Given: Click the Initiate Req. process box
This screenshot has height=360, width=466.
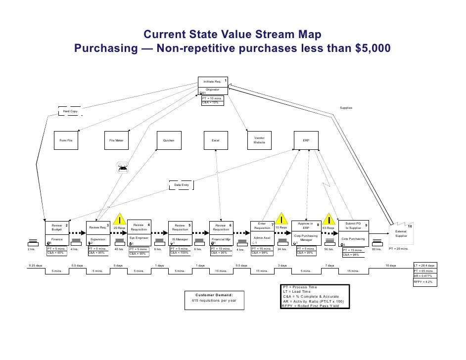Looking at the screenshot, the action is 212,81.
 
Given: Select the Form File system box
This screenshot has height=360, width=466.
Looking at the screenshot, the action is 66,141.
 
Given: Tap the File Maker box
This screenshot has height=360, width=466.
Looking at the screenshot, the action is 116,141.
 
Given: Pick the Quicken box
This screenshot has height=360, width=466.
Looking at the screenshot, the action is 169,141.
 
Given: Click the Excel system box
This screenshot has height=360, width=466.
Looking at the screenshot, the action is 216,141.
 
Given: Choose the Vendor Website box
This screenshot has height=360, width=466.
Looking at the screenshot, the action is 259,140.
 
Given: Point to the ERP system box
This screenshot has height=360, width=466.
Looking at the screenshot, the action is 306,141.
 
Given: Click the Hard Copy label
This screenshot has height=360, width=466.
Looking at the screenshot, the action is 70,112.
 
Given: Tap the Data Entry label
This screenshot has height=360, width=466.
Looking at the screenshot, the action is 182,185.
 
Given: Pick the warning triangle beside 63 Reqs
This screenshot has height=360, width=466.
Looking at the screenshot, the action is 329,219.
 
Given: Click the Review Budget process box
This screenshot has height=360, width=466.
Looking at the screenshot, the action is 57,227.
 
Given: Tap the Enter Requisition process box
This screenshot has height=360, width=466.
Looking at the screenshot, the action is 262,226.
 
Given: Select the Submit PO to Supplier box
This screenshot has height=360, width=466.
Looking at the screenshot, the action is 353,226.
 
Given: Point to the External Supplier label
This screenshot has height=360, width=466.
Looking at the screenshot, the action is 401,233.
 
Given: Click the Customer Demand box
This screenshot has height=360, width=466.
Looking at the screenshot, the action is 214,298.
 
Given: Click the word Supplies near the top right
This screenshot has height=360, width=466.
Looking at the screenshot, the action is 346,108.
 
